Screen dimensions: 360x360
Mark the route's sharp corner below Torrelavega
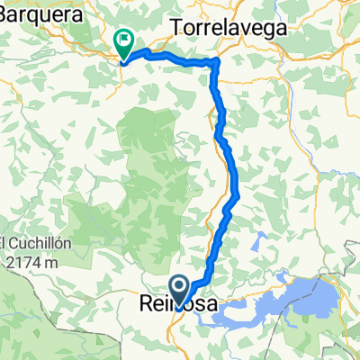pos(216,61)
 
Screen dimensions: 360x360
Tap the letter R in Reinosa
pos(146,307)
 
